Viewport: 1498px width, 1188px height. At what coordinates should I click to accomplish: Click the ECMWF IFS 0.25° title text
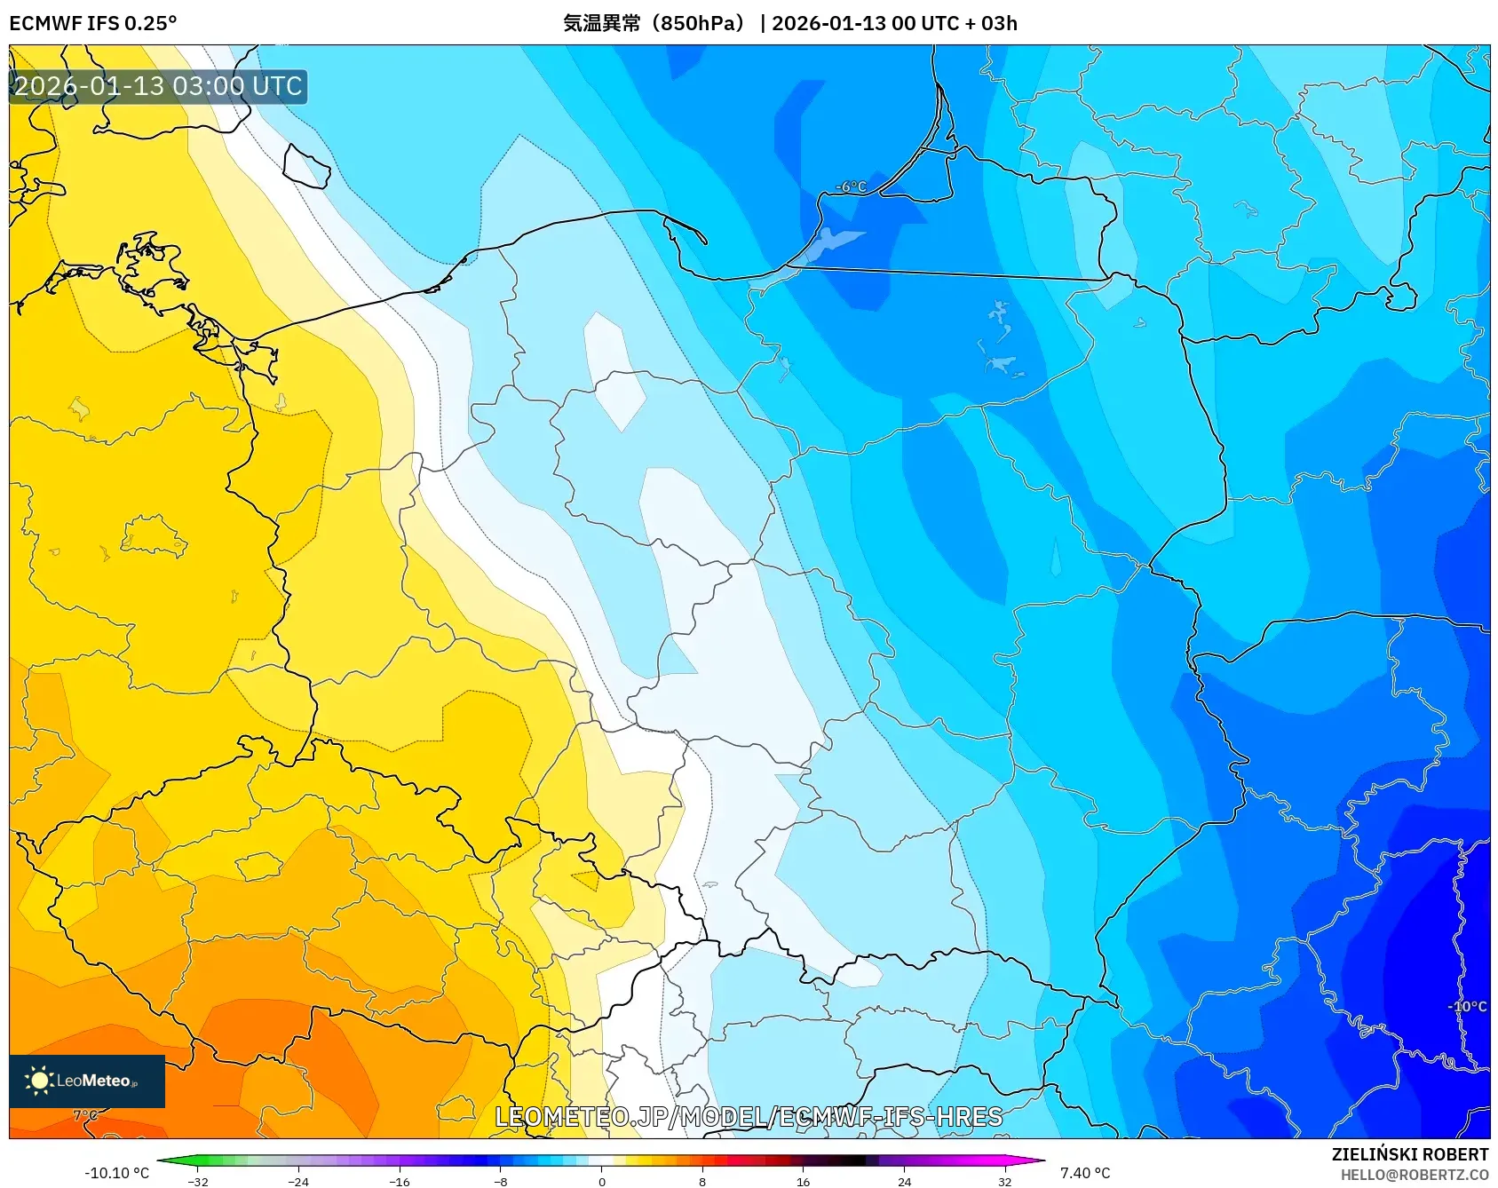(x=92, y=23)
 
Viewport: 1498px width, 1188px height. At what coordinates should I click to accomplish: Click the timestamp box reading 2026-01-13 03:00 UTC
(x=158, y=87)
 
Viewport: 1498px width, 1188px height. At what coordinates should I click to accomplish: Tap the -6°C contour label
(x=851, y=186)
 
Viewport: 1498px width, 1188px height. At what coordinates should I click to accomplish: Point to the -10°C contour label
(x=1466, y=1006)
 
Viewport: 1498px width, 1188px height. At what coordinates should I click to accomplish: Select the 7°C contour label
(x=85, y=1115)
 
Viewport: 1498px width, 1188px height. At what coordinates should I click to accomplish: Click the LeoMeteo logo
(x=87, y=1081)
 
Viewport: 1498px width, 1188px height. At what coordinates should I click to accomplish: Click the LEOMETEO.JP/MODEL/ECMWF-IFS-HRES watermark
(x=748, y=1117)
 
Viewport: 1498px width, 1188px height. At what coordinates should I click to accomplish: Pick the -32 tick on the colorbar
(x=198, y=1181)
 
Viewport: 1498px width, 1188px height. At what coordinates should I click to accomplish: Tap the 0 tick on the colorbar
(x=601, y=1181)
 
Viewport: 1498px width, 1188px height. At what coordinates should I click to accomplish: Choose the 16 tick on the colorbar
(x=803, y=1181)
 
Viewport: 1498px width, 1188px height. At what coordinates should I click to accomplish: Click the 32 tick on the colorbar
(x=1004, y=1181)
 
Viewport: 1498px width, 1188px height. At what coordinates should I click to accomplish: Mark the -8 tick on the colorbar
(x=501, y=1181)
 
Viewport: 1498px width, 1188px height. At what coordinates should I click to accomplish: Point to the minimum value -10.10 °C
(x=116, y=1173)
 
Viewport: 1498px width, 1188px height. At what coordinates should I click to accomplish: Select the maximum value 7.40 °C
(x=1085, y=1173)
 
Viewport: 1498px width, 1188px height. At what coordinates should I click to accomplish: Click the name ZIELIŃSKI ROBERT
(x=1409, y=1154)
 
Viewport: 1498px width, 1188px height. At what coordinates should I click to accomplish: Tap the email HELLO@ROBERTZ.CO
(x=1414, y=1175)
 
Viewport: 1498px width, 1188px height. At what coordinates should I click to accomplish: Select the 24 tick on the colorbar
(x=904, y=1181)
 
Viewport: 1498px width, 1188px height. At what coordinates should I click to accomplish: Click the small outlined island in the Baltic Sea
(x=306, y=166)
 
